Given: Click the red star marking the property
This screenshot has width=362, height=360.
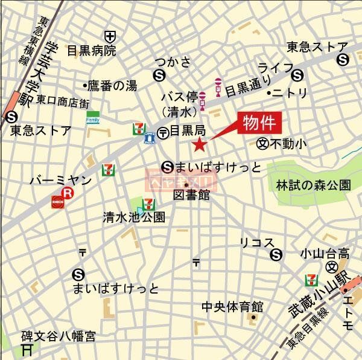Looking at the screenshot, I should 199,144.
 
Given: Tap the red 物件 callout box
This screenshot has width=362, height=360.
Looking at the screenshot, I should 259,123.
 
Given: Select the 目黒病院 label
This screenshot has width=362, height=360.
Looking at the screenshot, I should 91,51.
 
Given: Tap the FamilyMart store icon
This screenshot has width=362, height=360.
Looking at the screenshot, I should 93,117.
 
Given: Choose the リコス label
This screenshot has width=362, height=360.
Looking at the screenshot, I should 252,243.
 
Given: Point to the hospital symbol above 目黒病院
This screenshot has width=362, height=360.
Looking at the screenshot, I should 109,36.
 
